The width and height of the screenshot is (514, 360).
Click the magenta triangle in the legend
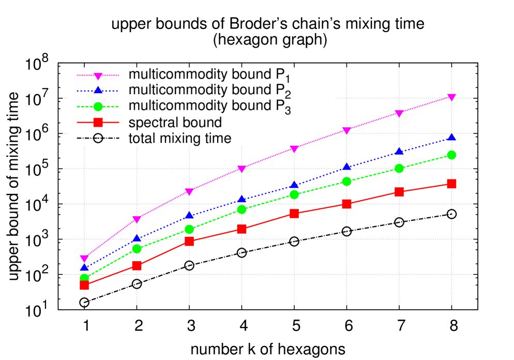pos(98,76)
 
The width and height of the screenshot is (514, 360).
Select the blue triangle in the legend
pos(98,91)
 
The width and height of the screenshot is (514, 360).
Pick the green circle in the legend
pos(98,107)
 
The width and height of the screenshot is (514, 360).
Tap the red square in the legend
pos(98,123)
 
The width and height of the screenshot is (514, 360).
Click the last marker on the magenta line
pos(451,97)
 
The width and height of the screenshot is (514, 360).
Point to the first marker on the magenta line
pos(84,259)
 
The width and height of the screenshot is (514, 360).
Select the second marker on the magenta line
pos(137,219)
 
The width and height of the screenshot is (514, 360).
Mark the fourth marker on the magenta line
pos(241,169)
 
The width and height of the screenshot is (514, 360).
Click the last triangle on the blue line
pos(451,137)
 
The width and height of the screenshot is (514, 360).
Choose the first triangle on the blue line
pos(84,267)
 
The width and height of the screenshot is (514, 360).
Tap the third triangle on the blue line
pos(189,215)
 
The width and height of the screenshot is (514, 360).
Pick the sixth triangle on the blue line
pos(346,167)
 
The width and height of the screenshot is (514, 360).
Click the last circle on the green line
pos(451,155)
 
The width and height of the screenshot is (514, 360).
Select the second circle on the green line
pos(137,249)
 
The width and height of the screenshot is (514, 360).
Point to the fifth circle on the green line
pos(294,194)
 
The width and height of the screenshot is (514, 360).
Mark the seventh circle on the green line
pos(399,168)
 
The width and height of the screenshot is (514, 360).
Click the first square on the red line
pos(84,285)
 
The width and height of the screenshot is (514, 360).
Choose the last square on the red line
pos(451,184)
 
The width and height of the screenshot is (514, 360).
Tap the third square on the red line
pos(189,241)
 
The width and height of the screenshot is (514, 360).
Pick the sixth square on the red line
pos(346,204)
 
